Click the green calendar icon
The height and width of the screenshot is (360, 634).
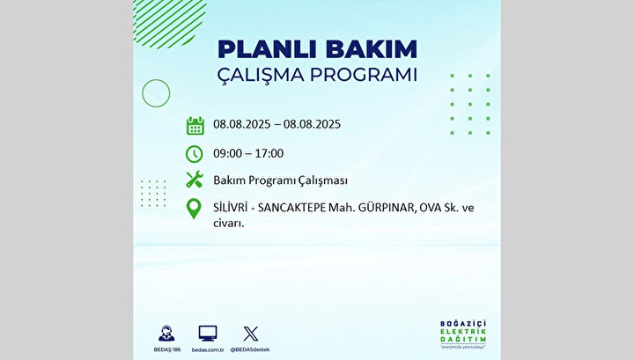pyautogui.click(x=195, y=126)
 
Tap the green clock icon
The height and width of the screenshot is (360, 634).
pyautogui.click(x=194, y=154)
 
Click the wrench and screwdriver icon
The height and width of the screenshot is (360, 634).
pyautogui.click(x=195, y=180)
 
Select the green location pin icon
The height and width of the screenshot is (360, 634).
pyautogui.click(x=194, y=209)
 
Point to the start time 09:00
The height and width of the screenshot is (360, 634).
pyautogui.click(x=228, y=153)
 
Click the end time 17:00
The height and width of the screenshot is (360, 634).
pyautogui.click(x=269, y=153)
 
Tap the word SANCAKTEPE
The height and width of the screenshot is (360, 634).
pyautogui.click(x=291, y=208)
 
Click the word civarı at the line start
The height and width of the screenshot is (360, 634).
pyautogui.click(x=229, y=223)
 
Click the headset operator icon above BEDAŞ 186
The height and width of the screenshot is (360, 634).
pyautogui.click(x=166, y=334)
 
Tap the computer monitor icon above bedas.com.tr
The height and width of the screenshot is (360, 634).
pyautogui.click(x=208, y=334)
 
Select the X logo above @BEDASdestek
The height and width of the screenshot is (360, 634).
pyautogui.click(x=250, y=334)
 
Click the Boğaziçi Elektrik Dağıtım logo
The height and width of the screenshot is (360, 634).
pyautogui.click(x=463, y=334)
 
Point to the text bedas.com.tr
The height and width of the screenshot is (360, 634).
pyautogui.click(x=208, y=349)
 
